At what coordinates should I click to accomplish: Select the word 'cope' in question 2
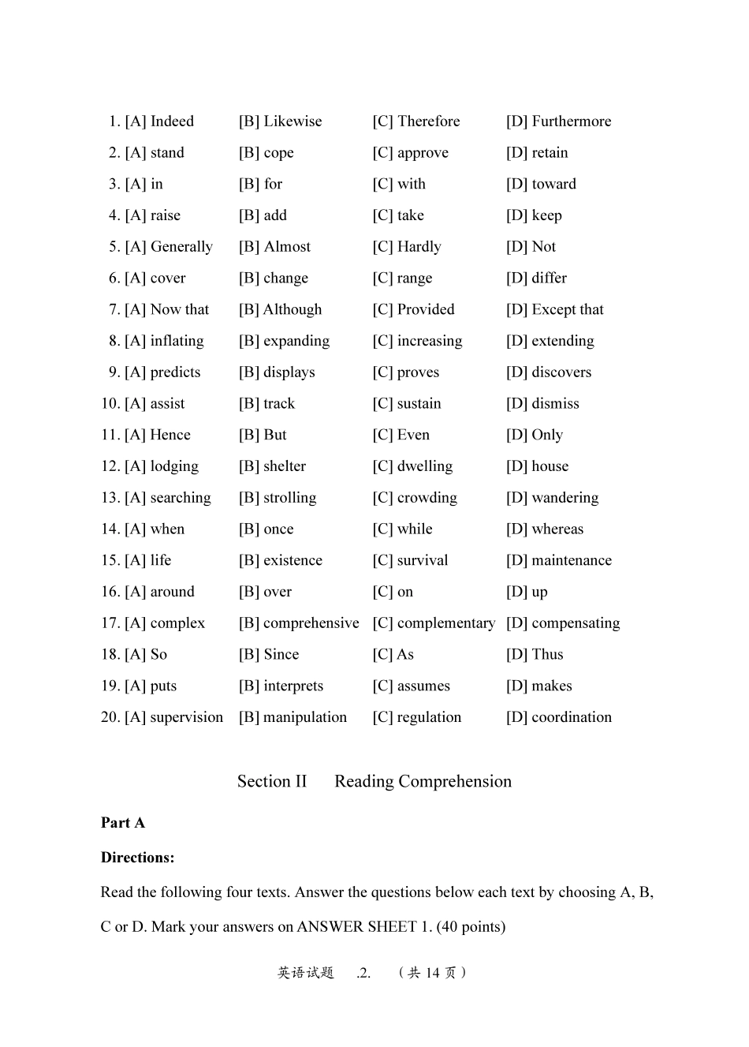(x=278, y=153)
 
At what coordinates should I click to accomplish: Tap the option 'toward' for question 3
(x=553, y=184)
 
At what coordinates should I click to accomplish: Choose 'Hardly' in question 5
(x=419, y=247)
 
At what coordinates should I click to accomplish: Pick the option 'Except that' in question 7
(x=567, y=309)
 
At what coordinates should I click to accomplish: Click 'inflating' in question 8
(x=177, y=341)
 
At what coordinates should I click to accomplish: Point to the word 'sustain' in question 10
(x=419, y=404)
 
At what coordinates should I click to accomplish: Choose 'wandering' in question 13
(x=565, y=498)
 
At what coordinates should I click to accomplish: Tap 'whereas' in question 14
(x=557, y=529)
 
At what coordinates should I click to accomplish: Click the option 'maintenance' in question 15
(x=571, y=560)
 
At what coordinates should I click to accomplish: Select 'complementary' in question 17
(x=445, y=623)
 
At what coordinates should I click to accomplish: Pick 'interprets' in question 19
(x=293, y=686)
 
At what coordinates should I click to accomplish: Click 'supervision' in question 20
(x=186, y=717)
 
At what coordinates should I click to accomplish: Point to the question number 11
(x=110, y=435)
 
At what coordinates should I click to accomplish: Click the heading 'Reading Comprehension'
(x=423, y=781)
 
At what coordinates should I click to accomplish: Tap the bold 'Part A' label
(x=123, y=823)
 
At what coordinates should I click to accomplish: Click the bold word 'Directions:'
(x=138, y=858)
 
